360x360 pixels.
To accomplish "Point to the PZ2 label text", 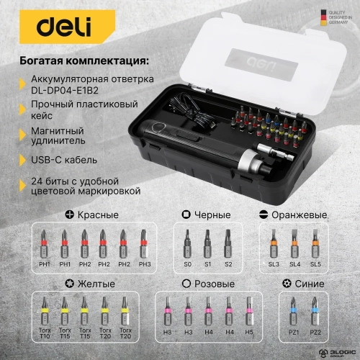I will pos(315,332).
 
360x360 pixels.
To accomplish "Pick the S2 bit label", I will pos(227,265).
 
